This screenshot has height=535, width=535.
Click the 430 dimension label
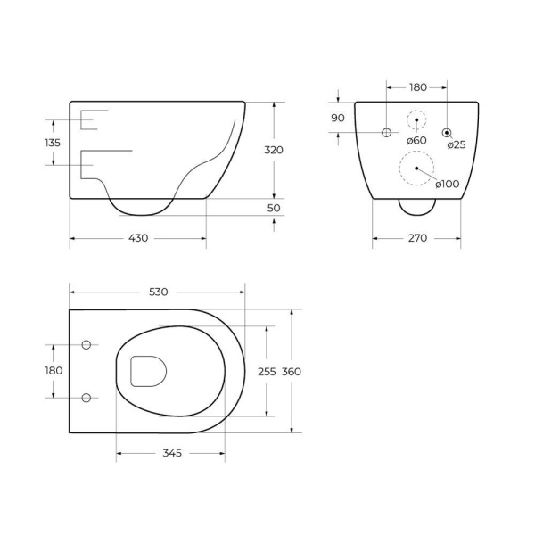point(138,238)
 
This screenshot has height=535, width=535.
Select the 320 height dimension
point(274,150)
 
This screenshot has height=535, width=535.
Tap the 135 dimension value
point(53,143)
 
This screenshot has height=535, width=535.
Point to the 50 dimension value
point(274,208)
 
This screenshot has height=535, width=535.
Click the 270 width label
point(417,238)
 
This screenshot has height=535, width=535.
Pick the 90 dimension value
point(338,118)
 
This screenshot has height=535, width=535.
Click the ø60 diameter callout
point(416,140)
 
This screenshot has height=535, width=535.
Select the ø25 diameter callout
point(457,144)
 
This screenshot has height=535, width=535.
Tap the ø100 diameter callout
point(448,184)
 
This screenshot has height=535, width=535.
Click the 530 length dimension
point(159,292)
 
